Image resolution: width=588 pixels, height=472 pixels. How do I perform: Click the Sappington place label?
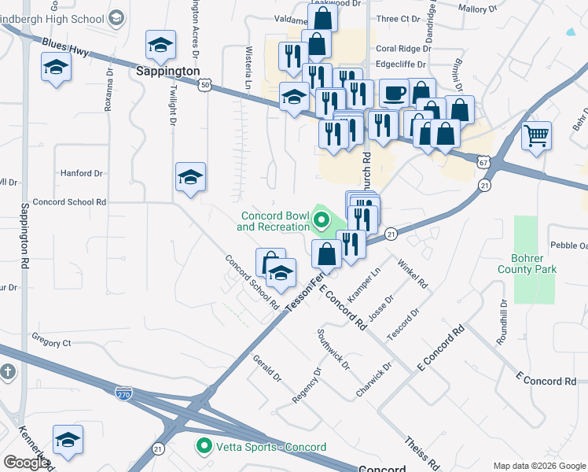(x=168, y=71)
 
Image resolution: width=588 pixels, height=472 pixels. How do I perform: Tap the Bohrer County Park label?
(x=527, y=263)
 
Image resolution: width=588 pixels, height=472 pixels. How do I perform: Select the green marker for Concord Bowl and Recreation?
(x=321, y=221)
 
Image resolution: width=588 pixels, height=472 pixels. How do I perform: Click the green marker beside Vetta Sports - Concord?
(x=204, y=447)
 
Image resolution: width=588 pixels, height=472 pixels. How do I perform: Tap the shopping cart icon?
(x=537, y=135)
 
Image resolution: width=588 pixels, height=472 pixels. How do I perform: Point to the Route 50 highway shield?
(x=205, y=84)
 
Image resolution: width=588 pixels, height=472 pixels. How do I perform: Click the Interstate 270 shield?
(x=123, y=392)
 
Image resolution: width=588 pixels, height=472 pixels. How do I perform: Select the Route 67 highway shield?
(x=481, y=160)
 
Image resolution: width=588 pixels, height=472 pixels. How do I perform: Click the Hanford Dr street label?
(x=82, y=173)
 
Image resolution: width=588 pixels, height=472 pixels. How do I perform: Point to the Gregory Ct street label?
(x=51, y=343)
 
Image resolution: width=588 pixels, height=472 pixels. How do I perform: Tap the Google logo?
(x=26, y=463)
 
